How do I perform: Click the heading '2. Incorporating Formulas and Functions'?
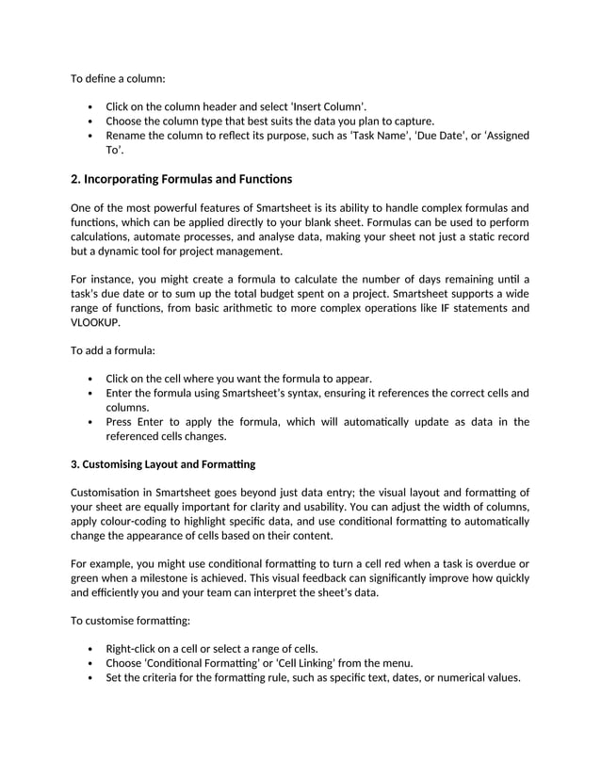click(182, 179)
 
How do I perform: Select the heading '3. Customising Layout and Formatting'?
click(163, 464)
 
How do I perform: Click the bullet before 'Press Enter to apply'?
click(89, 422)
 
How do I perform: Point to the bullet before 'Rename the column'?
click(89, 136)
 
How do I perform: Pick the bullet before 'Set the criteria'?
click(89, 677)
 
